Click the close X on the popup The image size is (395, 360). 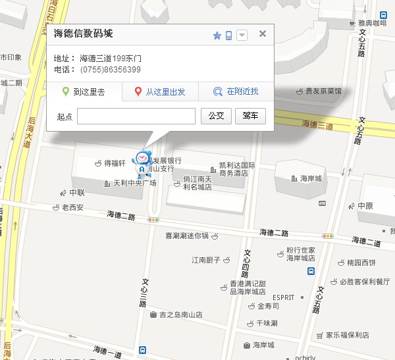pos(263,34)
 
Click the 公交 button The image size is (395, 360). pos(216,116)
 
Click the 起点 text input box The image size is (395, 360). pos(136,116)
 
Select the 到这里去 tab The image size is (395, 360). pos(84,92)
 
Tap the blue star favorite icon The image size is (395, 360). pos(217,36)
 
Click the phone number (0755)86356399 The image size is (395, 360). pos(111,70)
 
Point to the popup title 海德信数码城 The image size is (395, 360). pos(88,34)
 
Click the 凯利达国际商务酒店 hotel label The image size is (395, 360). pos(237,169)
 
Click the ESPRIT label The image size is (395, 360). pos(284,297)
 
